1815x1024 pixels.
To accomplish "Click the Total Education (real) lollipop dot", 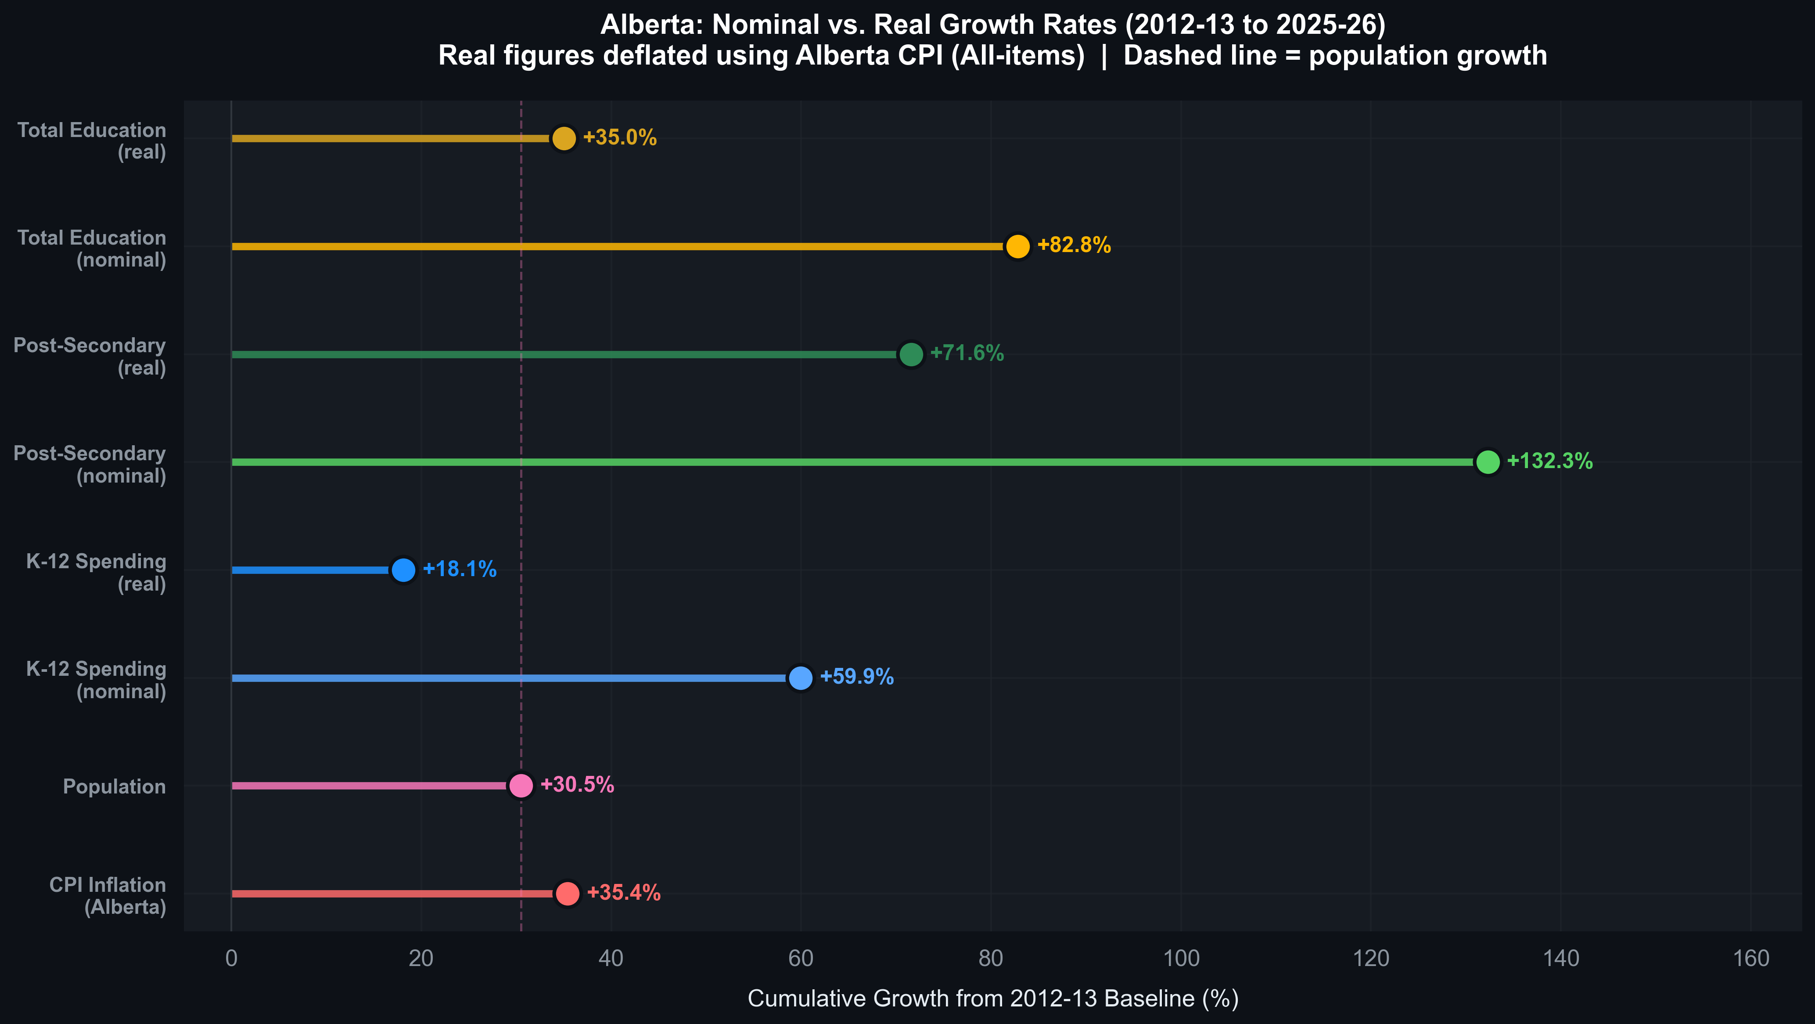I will tap(564, 138).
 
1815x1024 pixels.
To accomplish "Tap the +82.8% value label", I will tap(1074, 245).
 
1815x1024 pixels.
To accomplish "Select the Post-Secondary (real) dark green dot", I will tap(911, 354).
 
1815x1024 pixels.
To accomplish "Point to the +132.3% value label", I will tap(1549, 461).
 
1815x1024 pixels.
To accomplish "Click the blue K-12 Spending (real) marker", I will tap(403, 570).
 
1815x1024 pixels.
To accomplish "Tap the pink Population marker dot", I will tap(521, 785).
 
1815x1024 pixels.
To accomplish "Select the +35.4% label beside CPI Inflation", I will tap(624, 892).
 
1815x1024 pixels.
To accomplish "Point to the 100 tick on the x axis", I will tap(1181, 959).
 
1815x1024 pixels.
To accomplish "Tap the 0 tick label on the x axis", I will tap(231, 959).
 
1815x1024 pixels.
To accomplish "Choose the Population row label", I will tap(114, 786).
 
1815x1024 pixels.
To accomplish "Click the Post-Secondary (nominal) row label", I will tap(90, 465).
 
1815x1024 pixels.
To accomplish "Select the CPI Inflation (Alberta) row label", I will tap(108, 896).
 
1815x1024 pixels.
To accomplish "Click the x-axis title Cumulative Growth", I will tap(993, 999).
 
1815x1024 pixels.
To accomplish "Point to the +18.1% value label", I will tap(460, 569).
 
